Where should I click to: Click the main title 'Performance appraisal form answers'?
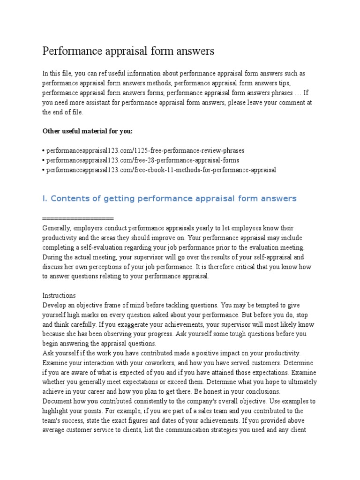[x=128, y=51]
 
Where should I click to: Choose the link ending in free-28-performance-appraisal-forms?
[x=142, y=160]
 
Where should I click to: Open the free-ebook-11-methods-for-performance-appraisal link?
[x=161, y=170]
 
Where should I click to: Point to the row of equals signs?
[x=78, y=218]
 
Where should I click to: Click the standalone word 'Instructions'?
[x=59, y=296]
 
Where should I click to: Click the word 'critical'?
[x=236, y=267]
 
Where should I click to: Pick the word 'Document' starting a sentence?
[x=57, y=401]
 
